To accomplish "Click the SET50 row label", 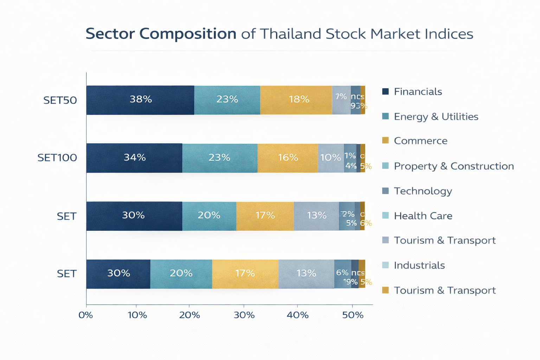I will (x=60, y=100).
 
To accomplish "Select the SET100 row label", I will (x=57, y=157).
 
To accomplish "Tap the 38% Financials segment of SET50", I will (x=140, y=100).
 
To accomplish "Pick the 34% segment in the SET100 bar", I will (x=134, y=158).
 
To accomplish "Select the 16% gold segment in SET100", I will (x=288, y=158).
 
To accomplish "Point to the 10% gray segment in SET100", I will (x=331, y=158).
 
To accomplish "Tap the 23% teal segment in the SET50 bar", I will (x=227, y=100).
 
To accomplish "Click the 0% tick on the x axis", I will (x=86, y=315).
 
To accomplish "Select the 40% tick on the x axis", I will (x=298, y=315).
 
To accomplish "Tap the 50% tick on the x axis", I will (x=353, y=315).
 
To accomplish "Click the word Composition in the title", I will (x=188, y=34).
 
